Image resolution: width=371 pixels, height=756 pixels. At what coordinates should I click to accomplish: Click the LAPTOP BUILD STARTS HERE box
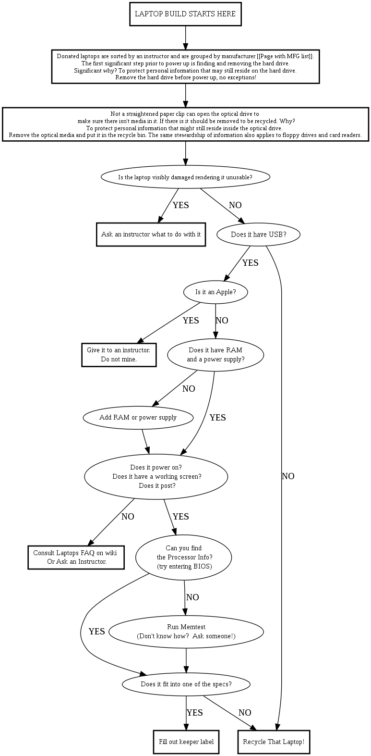coord(185,14)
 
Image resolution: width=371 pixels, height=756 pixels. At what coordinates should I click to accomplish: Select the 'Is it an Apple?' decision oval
coord(215,292)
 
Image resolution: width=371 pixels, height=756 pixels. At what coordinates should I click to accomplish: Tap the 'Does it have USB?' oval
coord(259,235)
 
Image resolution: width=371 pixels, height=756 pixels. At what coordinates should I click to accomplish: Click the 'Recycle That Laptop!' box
coord(274,742)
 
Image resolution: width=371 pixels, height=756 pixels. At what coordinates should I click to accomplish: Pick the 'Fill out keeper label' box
coord(186,742)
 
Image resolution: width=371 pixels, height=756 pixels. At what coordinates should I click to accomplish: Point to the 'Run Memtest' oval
coord(186,631)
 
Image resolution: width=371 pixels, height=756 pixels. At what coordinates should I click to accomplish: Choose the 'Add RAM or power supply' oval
coord(138,417)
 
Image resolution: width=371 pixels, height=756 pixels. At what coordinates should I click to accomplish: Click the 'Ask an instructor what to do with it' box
coord(151,235)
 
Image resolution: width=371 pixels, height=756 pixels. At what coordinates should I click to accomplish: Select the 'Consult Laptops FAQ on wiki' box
coord(76,557)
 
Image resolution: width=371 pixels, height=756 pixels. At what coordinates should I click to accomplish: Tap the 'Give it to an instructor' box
coord(119,355)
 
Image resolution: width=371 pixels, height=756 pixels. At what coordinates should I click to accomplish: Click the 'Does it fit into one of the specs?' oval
coord(186,684)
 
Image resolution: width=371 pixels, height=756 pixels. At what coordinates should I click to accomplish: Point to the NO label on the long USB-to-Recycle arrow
coord(288,476)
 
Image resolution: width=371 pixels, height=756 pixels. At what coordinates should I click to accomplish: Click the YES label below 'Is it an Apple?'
coord(191,321)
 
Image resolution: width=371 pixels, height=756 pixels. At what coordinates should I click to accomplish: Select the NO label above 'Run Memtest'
coord(192,597)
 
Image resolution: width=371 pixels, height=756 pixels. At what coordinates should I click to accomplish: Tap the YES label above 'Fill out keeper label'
coord(194,713)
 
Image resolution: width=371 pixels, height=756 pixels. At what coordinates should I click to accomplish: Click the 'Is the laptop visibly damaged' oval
coord(185,177)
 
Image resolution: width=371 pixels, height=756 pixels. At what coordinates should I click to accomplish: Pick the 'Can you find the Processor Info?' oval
coord(184,557)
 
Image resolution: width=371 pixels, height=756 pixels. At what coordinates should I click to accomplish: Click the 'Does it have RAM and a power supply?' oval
coord(215,355)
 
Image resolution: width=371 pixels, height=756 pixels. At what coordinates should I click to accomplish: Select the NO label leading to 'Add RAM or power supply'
coord(189,389)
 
